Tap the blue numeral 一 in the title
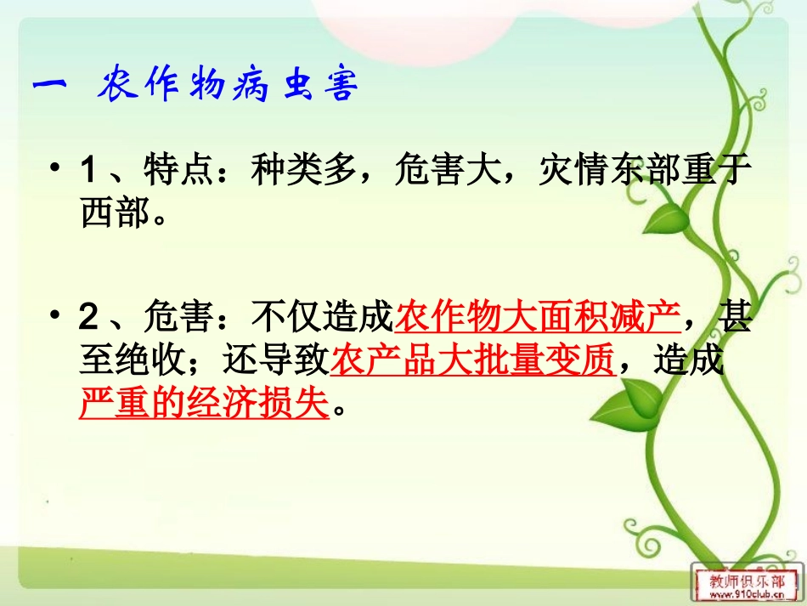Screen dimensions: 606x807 pyautogui.click(x=54, y=87)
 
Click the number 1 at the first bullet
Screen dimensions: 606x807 pyautogui.click(x=87, y=173)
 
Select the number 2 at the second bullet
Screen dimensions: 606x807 pyautogui.click(x=87, y=320)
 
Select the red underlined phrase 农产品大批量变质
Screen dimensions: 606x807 pyautogui.click(x=472, y=362)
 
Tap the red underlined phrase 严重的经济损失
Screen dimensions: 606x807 pyautogui.click(x=204, y=404)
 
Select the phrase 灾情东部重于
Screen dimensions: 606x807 pyautogui.click(x=646, y=173)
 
